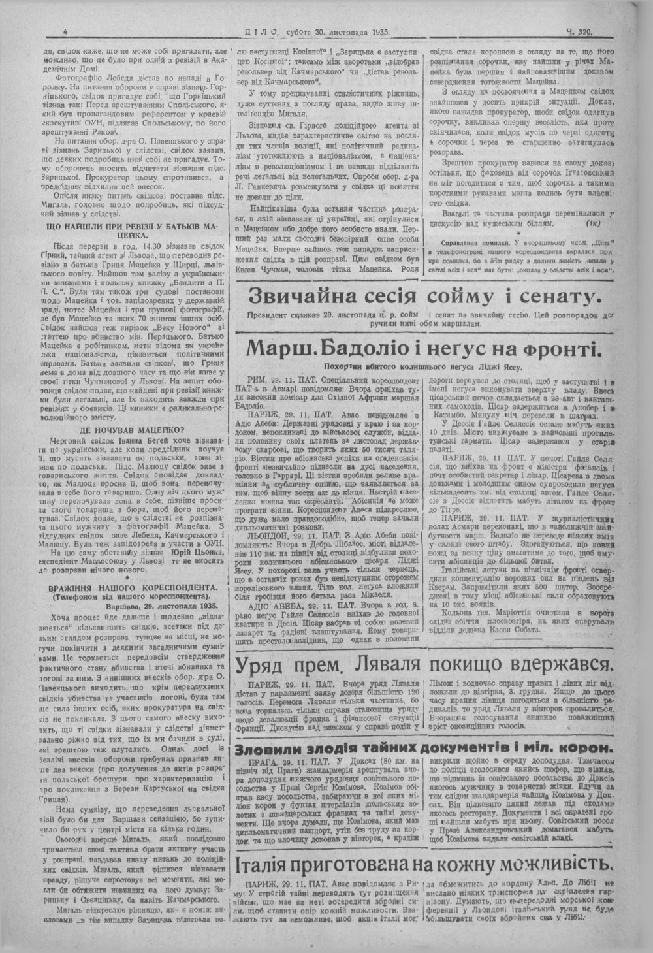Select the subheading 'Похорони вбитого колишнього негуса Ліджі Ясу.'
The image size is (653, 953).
pyautogui.click(x=424, y=366)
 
